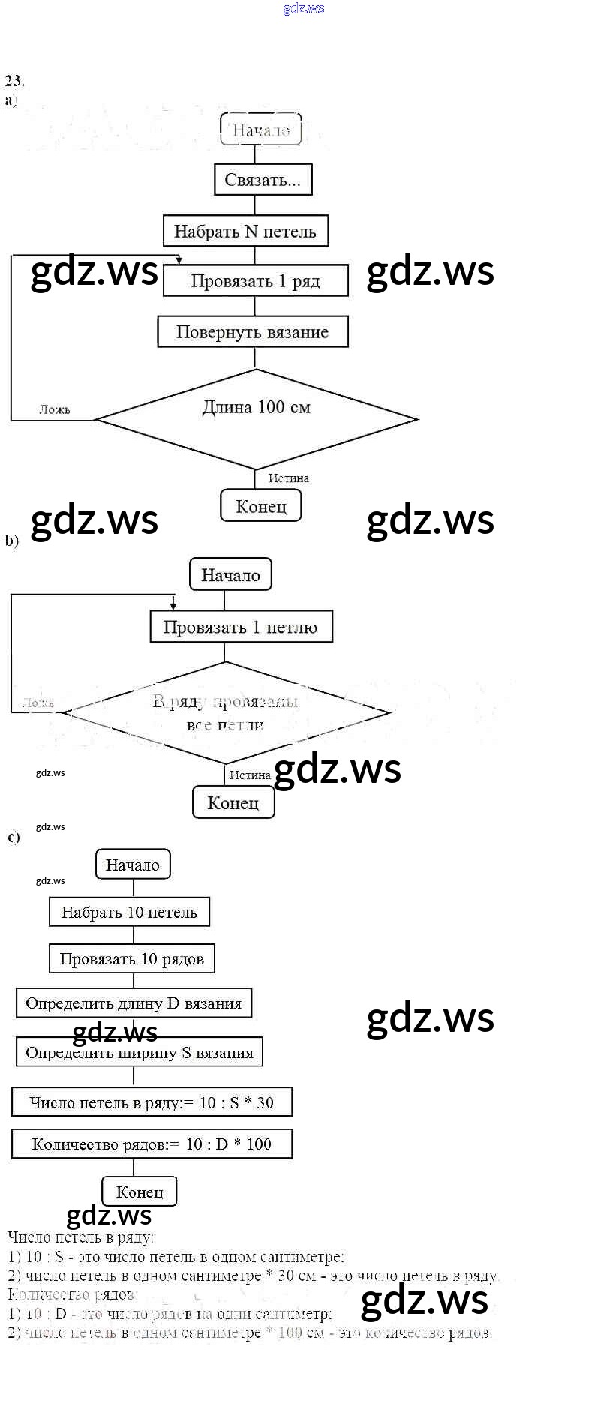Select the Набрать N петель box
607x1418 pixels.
(245, 231)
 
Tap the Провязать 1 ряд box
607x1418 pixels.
(255, 281)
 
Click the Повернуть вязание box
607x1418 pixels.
(252, 332)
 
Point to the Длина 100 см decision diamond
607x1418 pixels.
(257, 418)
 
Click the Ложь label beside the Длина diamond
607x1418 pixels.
(55, 409)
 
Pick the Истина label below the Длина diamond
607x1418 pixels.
(289, 478)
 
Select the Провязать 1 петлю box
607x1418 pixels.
(240, 627)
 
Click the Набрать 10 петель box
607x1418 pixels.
(129, 913)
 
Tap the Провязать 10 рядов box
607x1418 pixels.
(132, 959)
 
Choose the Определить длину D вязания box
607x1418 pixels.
(134, 1003)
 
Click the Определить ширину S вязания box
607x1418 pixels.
(140, 1053)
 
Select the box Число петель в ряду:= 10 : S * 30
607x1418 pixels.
(152, 1102)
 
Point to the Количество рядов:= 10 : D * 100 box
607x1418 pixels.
(152, 1144)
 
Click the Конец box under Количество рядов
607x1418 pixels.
(140, 1191)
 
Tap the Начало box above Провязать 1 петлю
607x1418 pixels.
(230, 575)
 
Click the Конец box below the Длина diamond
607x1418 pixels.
(261, 506)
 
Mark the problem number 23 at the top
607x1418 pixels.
(14, 80)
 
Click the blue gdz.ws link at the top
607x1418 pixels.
(304, 9)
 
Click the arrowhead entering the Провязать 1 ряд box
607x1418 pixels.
(179, 260)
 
